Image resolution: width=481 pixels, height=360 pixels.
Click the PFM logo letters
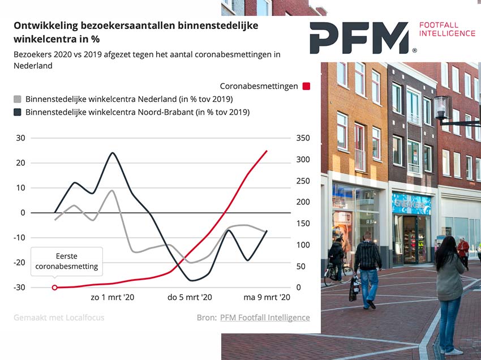point(359,38)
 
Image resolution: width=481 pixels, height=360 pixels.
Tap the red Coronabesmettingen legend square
point(306,86)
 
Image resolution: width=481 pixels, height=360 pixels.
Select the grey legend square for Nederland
point(18,99)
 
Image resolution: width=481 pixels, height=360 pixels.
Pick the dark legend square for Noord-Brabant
point(18,112)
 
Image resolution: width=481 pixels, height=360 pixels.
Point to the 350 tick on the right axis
point(303,138)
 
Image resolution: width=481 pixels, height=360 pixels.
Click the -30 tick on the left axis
point(20,288)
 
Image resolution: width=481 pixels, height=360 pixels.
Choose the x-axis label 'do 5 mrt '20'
point(190,297)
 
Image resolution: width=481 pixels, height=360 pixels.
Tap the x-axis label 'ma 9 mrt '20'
point(267,297)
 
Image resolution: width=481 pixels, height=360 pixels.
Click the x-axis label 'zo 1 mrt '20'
point(113,297)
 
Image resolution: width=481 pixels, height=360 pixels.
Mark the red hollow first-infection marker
point(55,288)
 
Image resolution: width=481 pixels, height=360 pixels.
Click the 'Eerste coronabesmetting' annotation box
point(67,262)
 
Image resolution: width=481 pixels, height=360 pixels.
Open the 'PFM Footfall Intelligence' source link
point(265,318)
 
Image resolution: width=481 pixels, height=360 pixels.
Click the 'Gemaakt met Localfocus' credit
point(59,318)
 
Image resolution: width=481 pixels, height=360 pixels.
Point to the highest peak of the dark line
point(113,153)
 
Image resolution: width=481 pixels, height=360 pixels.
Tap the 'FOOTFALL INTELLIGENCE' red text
point(446,29)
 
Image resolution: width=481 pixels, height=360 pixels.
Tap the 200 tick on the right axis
point(303,202)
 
